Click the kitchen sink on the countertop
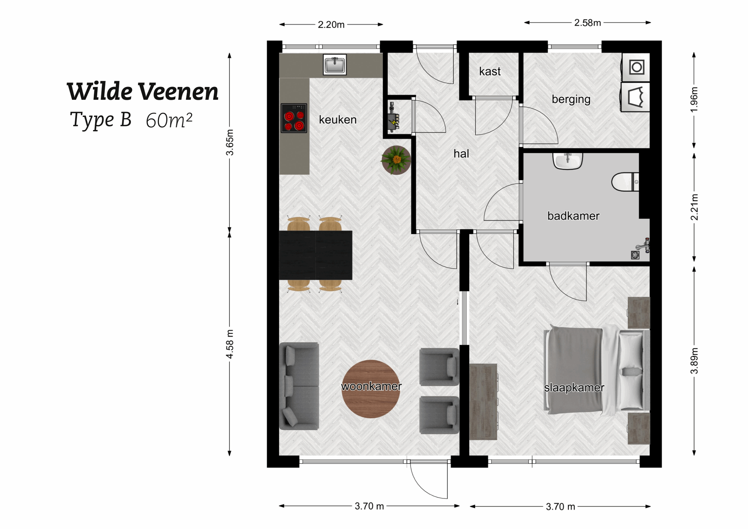(334, 64)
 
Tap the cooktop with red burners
(294, 118)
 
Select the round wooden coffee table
(371, 388)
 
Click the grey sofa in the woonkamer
(299, 386)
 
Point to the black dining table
(315, 255)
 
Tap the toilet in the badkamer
(624, 182)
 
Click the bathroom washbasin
(567, 161)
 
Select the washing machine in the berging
(636, 67)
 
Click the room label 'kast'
(490, 71)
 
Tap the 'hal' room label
(461, 154)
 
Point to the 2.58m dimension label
(587, 23)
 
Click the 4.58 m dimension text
(230, 344)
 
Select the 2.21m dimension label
(694, 207)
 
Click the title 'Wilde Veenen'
(142, 92)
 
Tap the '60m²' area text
(169, 120)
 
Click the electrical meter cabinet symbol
(393, 118)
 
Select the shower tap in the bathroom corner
(644, 245)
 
